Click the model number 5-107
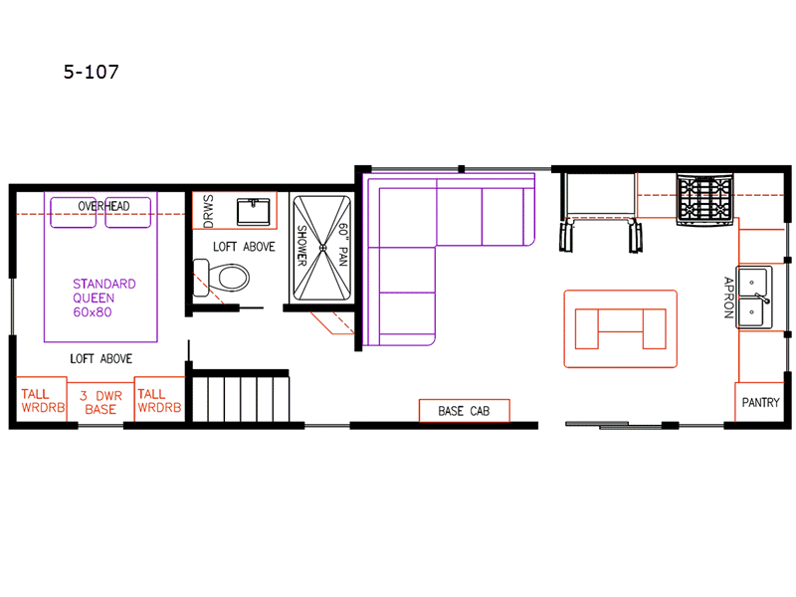[92, 72]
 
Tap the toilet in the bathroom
[222, 278]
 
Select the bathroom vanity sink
[254, 211]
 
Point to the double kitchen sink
[754, 297]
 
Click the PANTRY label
[760, 403]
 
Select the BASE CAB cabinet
[464, 410]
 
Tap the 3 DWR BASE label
[100, 403]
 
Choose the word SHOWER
[302, 245]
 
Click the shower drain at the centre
[322, 248]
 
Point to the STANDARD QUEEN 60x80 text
[104, 298]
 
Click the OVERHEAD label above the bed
[103, 206]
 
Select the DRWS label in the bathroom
[208, 211]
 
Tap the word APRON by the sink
[728, 298]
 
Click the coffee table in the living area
[620, 328]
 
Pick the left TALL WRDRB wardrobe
[42, 399]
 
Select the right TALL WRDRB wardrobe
[159, 399]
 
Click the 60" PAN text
[343, 244]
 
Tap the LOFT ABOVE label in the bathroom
[244, 247]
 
